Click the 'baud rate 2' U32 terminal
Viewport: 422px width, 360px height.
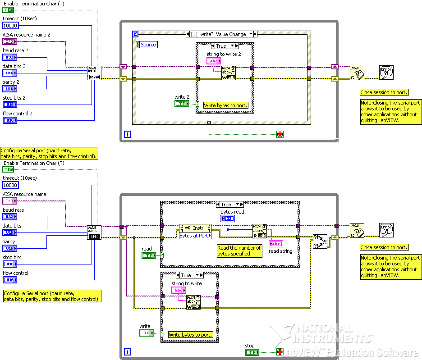click(9, 57)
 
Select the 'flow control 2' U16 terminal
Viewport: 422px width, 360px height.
click(9, 120)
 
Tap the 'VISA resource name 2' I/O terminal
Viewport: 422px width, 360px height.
click(9, 41)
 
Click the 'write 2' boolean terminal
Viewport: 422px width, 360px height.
click(182, 104)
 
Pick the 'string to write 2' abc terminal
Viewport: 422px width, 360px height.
click(214, 61)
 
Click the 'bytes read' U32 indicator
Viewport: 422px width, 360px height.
click(227, 219)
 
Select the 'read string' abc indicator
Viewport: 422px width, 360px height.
click(275, 244)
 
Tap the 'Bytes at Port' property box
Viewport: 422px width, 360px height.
click(194, 236)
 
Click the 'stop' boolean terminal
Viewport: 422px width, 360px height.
click(252, 352)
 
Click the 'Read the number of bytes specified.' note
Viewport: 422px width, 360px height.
click(239, 251)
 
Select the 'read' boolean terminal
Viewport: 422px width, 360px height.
click(148, 255)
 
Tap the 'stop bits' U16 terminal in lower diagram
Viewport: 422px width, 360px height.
click(9, 264)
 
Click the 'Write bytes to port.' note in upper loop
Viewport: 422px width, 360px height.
click(225, 105)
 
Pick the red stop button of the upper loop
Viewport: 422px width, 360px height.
click(280, 134)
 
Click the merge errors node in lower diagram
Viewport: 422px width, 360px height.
click(320, 241)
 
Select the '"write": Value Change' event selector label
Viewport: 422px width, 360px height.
click(221, 34)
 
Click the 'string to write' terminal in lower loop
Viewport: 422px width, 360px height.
click(179, 290)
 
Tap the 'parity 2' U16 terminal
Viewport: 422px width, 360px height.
click(9, 89)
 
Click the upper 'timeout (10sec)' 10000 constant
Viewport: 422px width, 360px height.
click(10, 26)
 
